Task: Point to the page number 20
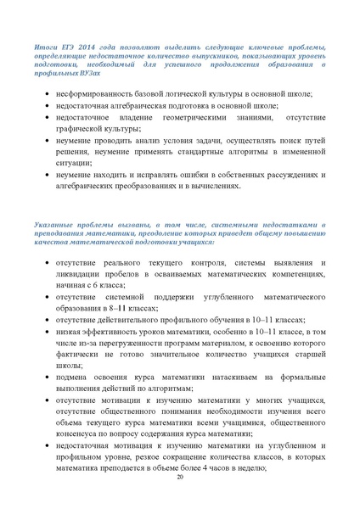180,479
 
